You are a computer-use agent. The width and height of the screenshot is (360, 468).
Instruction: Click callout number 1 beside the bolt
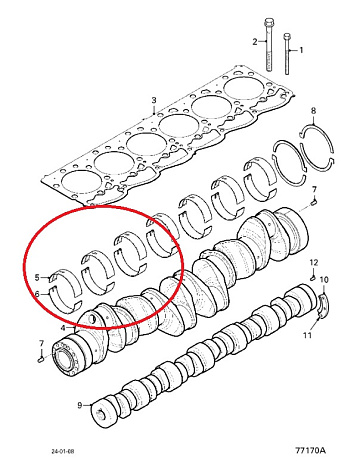pyautogui.click(x=301, y=50)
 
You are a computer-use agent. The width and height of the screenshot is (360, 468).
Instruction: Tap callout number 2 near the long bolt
pyautogui.click(x=255, y=42)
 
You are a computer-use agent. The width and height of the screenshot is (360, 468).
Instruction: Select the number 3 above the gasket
pyautogui.click(x=154, y=100)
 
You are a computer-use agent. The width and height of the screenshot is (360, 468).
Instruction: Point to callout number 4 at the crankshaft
pyautogui.click(x=63, y=328)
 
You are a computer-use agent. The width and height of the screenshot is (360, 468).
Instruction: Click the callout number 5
pyautogui.click(x=37, y=277)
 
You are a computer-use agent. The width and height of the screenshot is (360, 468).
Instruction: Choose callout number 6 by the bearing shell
pyautogui.click(x=37, y=294)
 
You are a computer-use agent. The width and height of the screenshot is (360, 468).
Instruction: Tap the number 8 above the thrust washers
pyautogui.click(x=313, y=111)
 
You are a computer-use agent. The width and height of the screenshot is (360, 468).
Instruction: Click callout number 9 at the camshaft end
pyautogui.click(x=80, y=405)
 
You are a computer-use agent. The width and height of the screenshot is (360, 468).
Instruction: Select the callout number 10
pyautogui.click(x=324, y=279)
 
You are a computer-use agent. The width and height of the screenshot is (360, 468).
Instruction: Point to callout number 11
pyautogui.click(x=307, y=335)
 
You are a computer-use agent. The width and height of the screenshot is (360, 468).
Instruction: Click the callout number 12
pyautogui.click(x=314, y=262)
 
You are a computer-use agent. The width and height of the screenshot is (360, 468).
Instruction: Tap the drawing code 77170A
pyautogui.click(x=310, y=451)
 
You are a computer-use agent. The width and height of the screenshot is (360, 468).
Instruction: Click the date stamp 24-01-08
pyautogui.click(x=63, y=451)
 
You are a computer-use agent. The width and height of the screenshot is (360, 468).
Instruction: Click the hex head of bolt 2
pyautogui.click(x=268, y=24)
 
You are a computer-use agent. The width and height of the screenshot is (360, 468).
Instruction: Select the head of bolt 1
pyautogui.click(x=287, y=36)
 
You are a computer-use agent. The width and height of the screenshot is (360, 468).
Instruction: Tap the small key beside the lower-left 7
pyautogui.click(x=40, y=359)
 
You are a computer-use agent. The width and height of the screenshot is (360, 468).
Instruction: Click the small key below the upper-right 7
pyautogui.click(x=314, y=201)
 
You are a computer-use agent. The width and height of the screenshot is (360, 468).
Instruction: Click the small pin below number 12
pyautogui.click(x=313, y=277)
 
